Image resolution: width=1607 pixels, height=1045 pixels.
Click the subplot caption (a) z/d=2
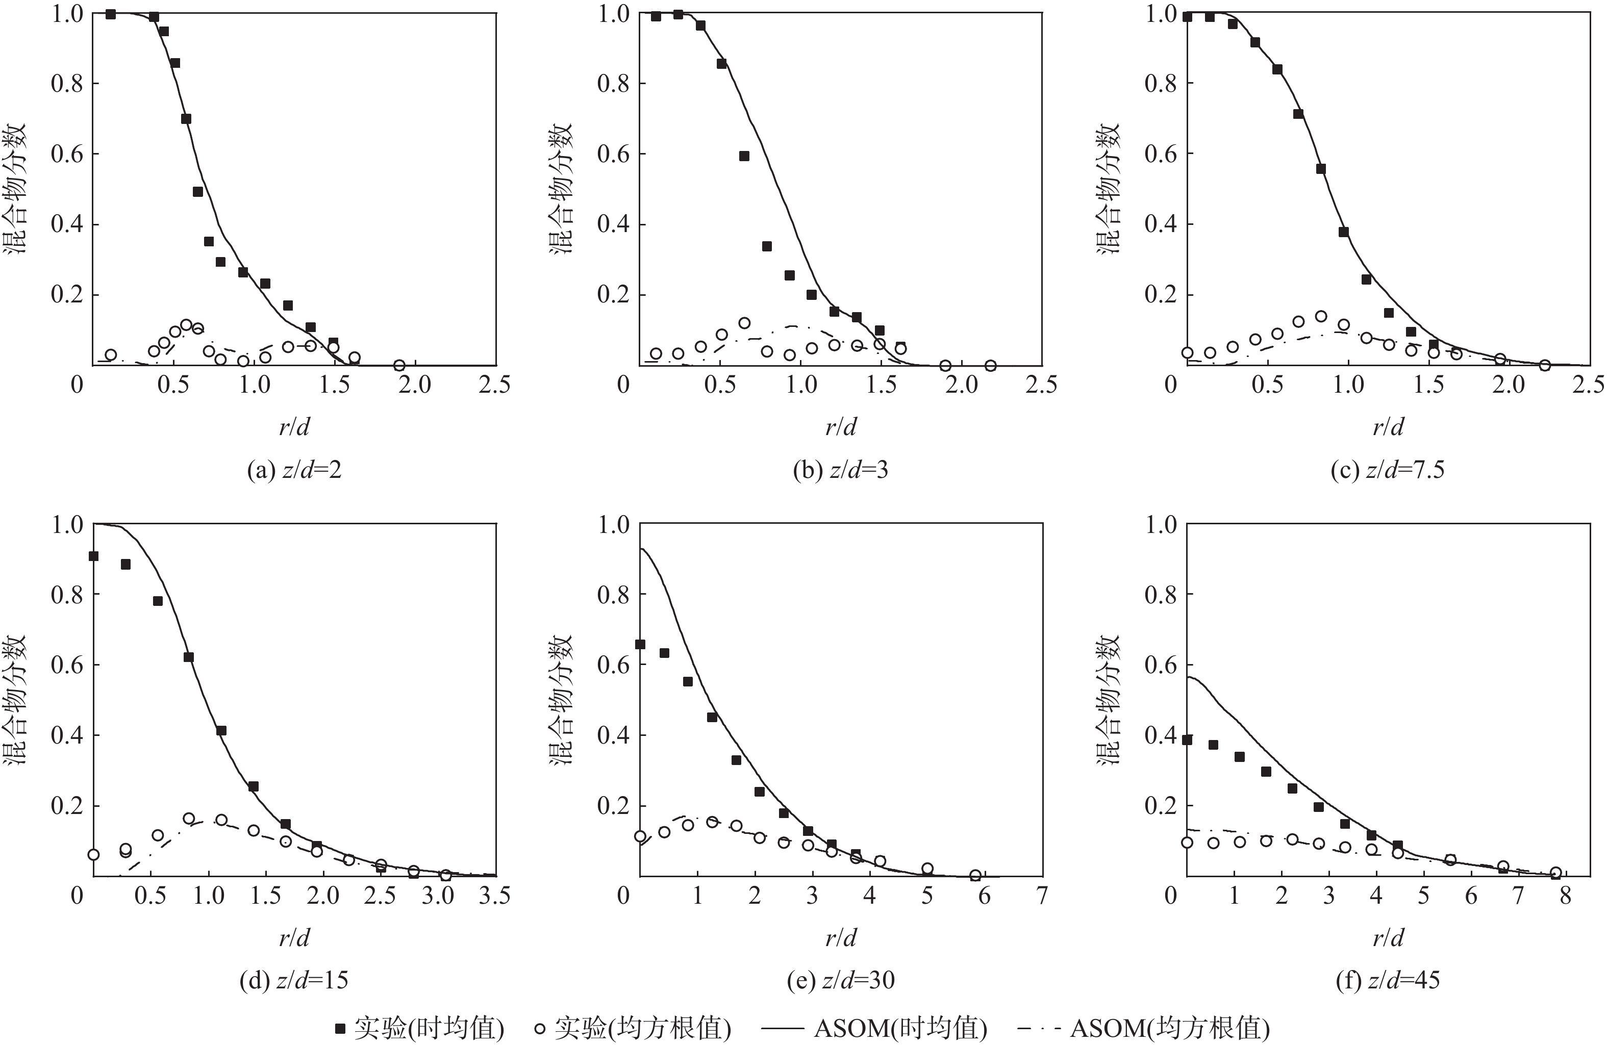[x=294, y=470]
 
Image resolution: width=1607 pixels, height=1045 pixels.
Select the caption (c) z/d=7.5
[x=1388, y=470]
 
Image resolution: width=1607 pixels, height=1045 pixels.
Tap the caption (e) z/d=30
[x=841, y=980]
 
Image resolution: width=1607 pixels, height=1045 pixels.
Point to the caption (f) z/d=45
[x=1388, y=980]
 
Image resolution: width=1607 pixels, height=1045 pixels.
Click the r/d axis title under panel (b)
[x=841, y=427]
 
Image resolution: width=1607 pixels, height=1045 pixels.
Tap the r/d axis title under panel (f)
[x=1388, y=938]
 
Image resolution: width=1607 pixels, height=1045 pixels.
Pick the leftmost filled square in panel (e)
[x=640, y=645]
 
